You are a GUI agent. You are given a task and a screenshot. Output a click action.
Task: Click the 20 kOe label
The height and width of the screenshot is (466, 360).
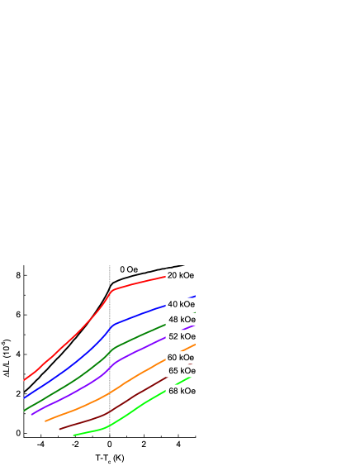pos(181,275)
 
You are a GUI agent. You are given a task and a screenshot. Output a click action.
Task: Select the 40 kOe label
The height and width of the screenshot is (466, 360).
pos(181,304)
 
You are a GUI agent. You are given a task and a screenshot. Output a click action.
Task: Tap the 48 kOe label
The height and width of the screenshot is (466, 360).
pos(182,320)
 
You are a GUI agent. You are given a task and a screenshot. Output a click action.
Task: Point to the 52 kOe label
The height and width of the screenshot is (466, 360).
pos(182,336)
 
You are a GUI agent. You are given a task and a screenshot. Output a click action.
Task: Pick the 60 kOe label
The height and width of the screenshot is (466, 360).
pos(181,358)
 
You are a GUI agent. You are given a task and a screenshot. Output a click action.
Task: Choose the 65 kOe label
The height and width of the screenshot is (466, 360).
pos(182,371)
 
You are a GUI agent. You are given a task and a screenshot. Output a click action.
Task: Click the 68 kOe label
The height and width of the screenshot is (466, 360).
pos(182,391)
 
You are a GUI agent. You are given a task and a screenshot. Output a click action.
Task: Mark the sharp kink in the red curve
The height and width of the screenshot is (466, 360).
pos(112,290)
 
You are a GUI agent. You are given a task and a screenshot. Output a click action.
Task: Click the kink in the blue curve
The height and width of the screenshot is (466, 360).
pos(112,325)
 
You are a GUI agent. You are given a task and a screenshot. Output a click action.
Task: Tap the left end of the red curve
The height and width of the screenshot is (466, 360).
pos(24,380)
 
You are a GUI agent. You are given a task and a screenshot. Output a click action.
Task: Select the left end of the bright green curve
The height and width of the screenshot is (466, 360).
pos(73,435)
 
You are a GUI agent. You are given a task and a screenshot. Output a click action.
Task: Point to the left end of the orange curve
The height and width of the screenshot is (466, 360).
pos(45,421)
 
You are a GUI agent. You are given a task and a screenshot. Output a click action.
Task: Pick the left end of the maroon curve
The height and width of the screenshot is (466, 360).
pos(59,429)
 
